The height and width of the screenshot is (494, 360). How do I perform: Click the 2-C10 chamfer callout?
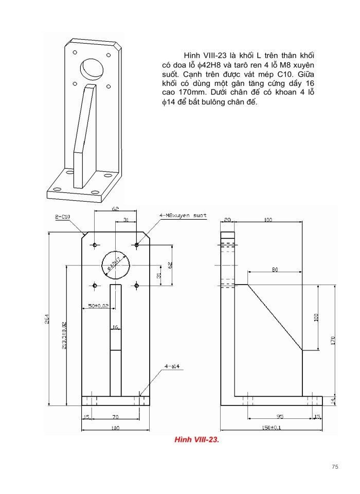(63, 217)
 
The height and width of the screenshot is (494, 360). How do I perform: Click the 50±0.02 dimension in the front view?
(98, 306)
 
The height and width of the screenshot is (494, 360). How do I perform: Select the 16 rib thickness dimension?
(115, 327)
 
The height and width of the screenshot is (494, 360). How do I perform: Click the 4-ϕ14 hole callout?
(171, 366)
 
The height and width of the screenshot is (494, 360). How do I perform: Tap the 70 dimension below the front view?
(115, 416)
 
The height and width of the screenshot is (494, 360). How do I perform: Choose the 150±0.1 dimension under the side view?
(271, 428)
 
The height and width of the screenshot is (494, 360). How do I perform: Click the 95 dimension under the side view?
(280, 416)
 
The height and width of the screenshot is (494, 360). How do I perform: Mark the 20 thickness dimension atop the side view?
(227, 220)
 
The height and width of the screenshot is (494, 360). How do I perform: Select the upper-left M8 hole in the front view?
(95, 245)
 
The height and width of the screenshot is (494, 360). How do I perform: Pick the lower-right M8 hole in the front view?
(136, 285)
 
